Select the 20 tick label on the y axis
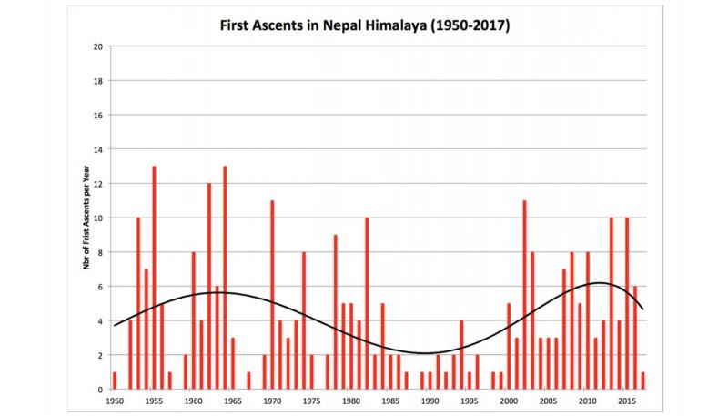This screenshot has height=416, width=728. [97, 46]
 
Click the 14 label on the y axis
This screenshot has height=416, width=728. [97, 149]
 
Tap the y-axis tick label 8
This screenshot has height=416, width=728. [99, 252]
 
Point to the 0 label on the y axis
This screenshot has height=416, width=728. [99, 390]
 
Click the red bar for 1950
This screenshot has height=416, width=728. [115, 380]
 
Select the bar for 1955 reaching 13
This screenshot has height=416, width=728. [154, 278]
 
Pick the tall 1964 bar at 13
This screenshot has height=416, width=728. [225, 278]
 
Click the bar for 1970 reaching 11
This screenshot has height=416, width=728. [272, 295]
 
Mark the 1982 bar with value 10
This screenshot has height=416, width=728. [367, 303]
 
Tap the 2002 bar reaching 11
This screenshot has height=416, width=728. [524, 295]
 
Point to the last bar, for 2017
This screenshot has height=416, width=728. [642, 380]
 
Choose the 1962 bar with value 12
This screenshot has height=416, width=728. [209, 287]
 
